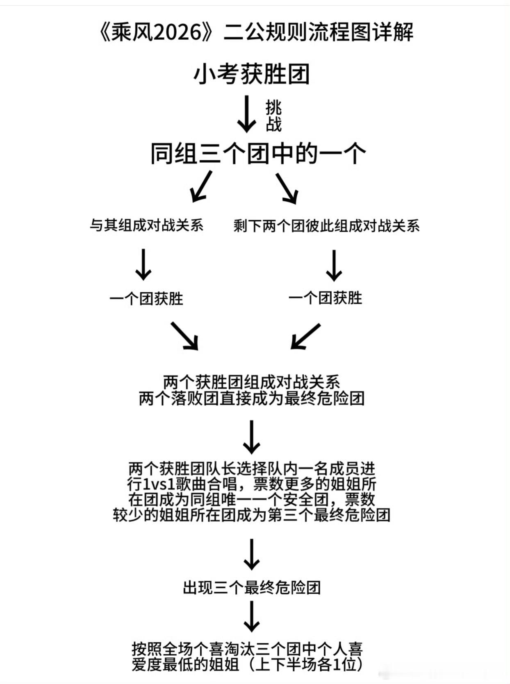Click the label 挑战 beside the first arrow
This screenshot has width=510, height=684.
[x=273, y=116]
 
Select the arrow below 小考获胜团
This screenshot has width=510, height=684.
[x=246, y=114]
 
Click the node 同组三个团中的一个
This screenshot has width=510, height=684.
[x=258, y=153]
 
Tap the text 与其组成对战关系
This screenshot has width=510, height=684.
[x=146, y=225]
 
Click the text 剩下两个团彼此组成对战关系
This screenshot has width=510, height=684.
[x=326, y=226]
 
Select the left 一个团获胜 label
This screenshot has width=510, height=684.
[x=146, y=298]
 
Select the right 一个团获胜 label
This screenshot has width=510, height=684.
[x=325, y=298]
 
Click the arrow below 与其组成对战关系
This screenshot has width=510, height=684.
[x=143, y=264]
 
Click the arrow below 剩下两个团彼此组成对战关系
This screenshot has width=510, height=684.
[x=334, y=266]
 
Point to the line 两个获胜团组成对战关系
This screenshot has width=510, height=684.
[x=251, y=382]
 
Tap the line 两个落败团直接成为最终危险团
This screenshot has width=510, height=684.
[x=251, y=398]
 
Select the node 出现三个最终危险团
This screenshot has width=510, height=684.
[x=251, y=588]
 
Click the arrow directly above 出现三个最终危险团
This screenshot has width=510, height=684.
[x=251, y=554]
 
